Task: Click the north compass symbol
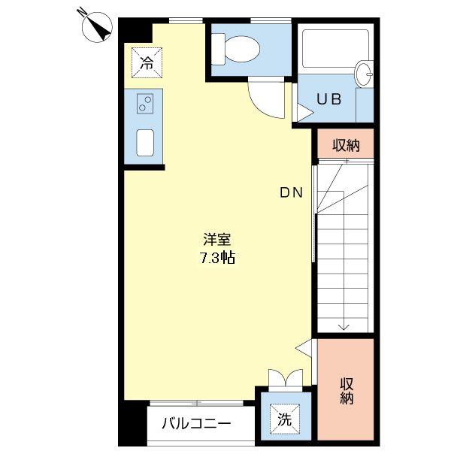(x=95, y=26)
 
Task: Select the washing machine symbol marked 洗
(x=285, y=419)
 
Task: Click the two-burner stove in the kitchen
(x=145, y=104)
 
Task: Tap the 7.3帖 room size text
(x=218, y=258)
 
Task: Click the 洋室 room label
(x=217, y=240)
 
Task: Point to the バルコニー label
(x=197, y=423)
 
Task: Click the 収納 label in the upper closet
(x=346, y=145)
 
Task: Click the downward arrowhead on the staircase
(x=344, y=325)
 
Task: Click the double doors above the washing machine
(x=286, y=377)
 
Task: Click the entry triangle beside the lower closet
(x=304, y=347)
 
